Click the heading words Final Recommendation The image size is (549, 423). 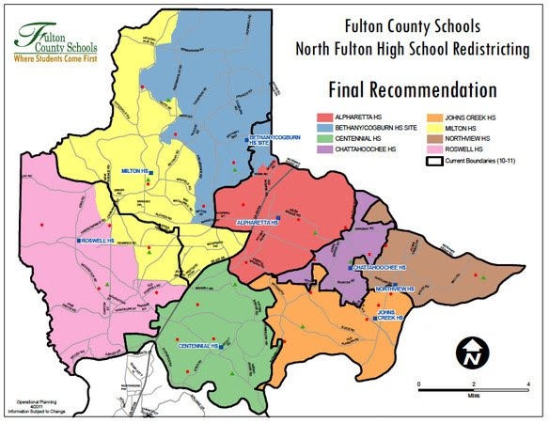(412, 91)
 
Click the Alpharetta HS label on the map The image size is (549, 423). (258, 223)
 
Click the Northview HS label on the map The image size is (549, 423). (394, 289)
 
